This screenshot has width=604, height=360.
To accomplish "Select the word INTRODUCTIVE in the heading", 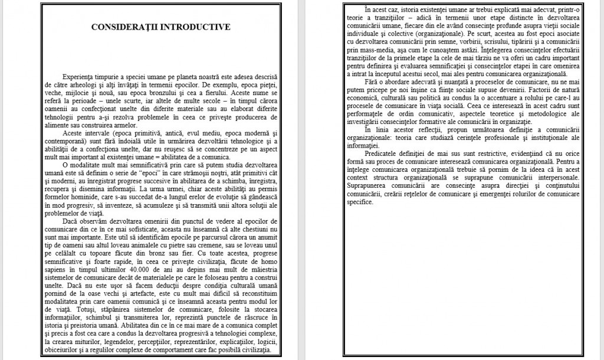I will [195, 27].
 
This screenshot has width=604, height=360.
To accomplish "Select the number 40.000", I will [160, 285].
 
